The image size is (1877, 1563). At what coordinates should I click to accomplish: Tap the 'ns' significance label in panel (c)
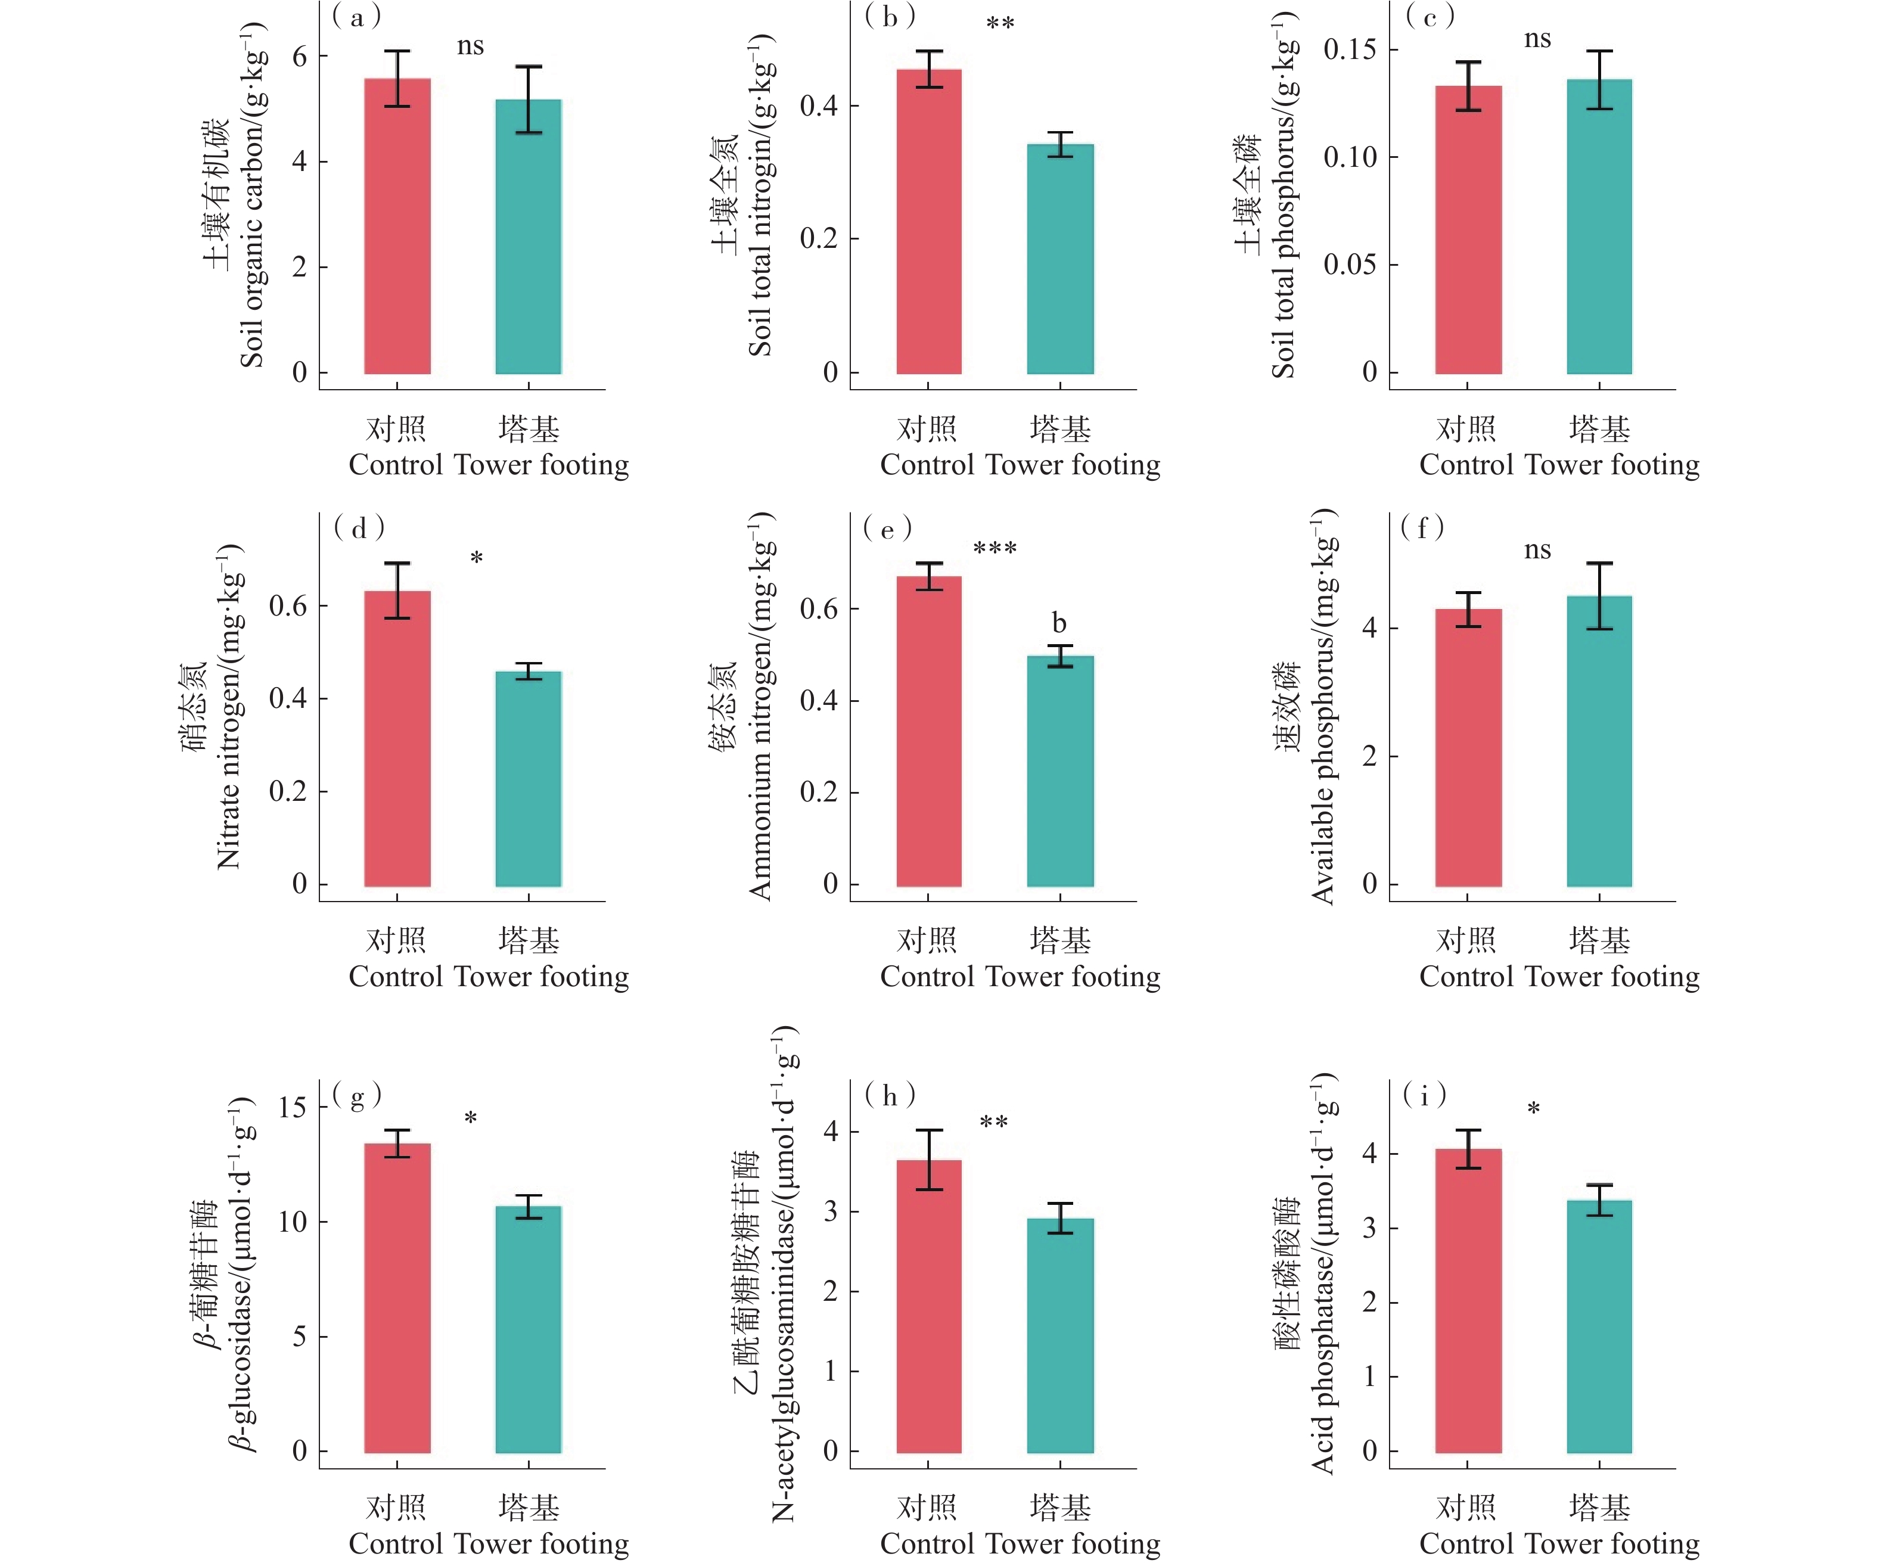coord(1537,39)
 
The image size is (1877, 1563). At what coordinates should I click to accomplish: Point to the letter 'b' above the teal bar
coord(1059,623)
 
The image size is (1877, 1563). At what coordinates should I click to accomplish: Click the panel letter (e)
coord(888,529)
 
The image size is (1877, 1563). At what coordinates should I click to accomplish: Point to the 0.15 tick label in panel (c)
coord(1350,50)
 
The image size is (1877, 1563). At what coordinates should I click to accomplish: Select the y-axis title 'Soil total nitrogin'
coord(760,197)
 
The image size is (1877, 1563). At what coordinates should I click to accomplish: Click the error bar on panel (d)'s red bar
coord(397,590)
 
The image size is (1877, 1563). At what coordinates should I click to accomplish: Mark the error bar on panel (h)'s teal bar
coord(1060,1218)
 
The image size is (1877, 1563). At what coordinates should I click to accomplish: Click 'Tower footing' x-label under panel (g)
coord(541,1543)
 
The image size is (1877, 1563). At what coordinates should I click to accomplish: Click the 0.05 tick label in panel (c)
coord(1350,265)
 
